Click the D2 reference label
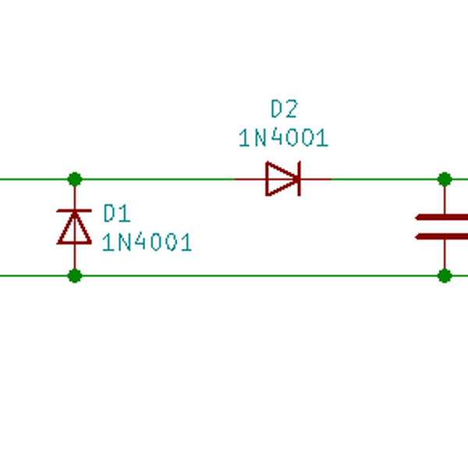pyautogui.click(x=284, y=108)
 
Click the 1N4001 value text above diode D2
pyautogui.click(x=283, y=139)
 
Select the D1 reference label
pyautogui.click(x=117, y=213)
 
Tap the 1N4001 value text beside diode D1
pyautogui.click(x=147, y=243)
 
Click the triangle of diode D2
pyautogui.click(x=279, y=179)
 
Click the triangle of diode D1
pyautogui.click(x=75, y=230)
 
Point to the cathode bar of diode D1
pyautogui.click(x=75, y=211)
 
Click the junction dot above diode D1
pyautogui.click(x=75, y=179)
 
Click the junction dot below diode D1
pyautogui.click(x=75, y=275)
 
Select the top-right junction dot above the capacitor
pyautogui.click(x=445, y=179)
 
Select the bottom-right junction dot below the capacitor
pyautogui.click(x=445, y=275)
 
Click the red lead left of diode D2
pyautogui.click(x=250, y=179)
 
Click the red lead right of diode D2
pyautogui.click(x=317, y=179)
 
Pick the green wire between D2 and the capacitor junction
pyautogui.click(x=386, y=179)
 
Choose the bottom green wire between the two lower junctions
pyautogui.click(x=257, y=275)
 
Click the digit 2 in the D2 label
pyautogui.click(x=291, y=108)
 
